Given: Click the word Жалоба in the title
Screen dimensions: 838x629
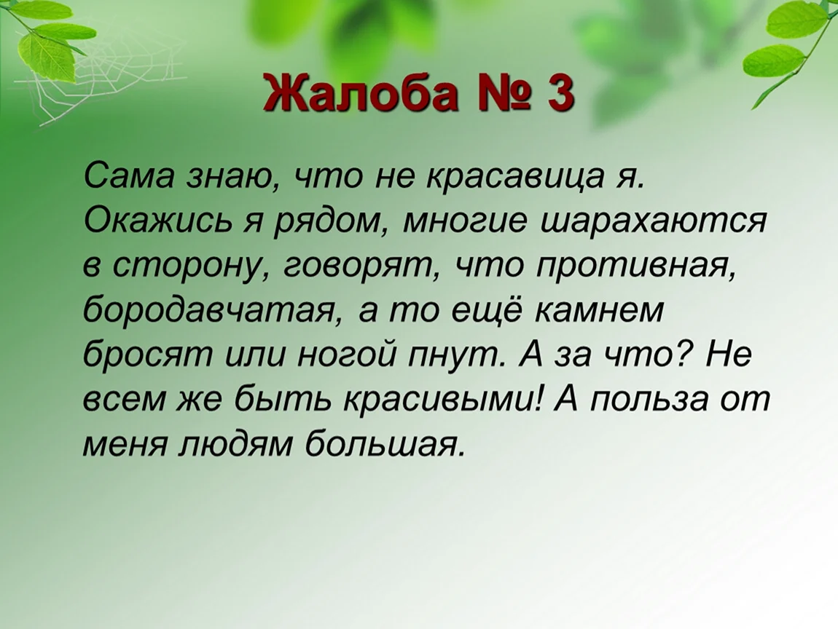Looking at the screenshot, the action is coord(361,92).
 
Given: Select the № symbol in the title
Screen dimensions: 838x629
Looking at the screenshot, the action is coord(502,92).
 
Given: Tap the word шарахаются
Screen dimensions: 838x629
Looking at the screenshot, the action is coord(653,220).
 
